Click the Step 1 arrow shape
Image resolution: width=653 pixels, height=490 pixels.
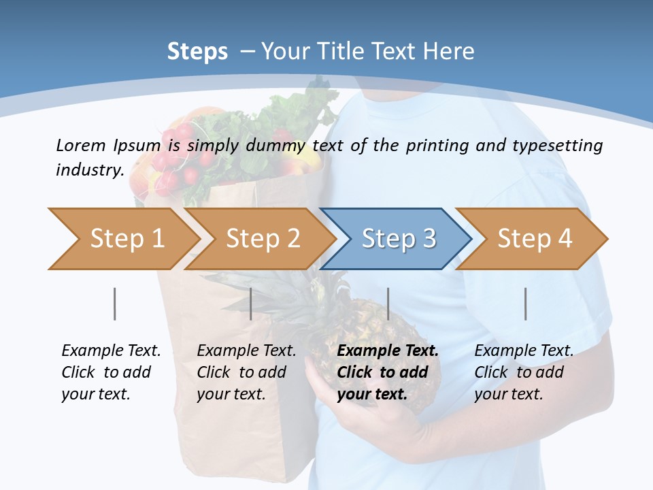click(x=122, y=239)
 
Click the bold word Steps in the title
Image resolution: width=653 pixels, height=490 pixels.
click(x=197, y=52)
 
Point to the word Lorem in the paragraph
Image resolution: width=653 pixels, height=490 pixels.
click(x=80, y=145)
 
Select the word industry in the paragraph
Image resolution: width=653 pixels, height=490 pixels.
click(x=88, y=170)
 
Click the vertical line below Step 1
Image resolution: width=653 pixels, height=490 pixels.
click(x=115, y=304)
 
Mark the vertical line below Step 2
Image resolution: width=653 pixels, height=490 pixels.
click(x=251, y=304)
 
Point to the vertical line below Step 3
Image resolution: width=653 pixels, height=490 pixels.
click(x=388, y=304)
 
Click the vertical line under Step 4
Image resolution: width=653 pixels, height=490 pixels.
click(x=525, y=304)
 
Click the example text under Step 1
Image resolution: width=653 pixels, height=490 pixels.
click(x=111, y=372)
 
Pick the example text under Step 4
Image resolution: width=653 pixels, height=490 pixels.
click(x=524, y=372)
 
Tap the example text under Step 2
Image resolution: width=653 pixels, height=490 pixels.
click(x=246, y=372)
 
